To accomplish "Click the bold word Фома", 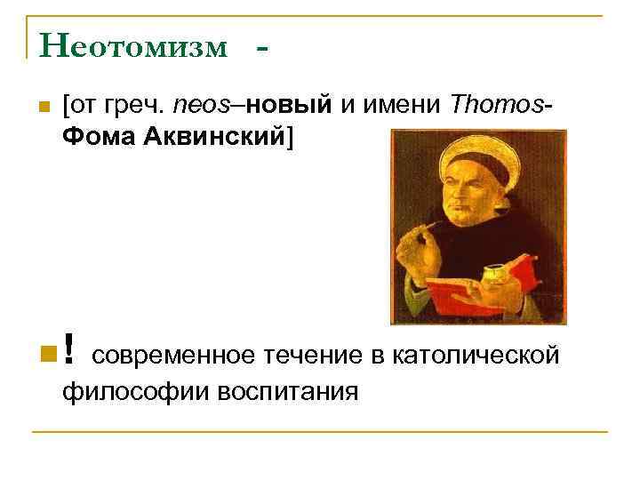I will [97, 137].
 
